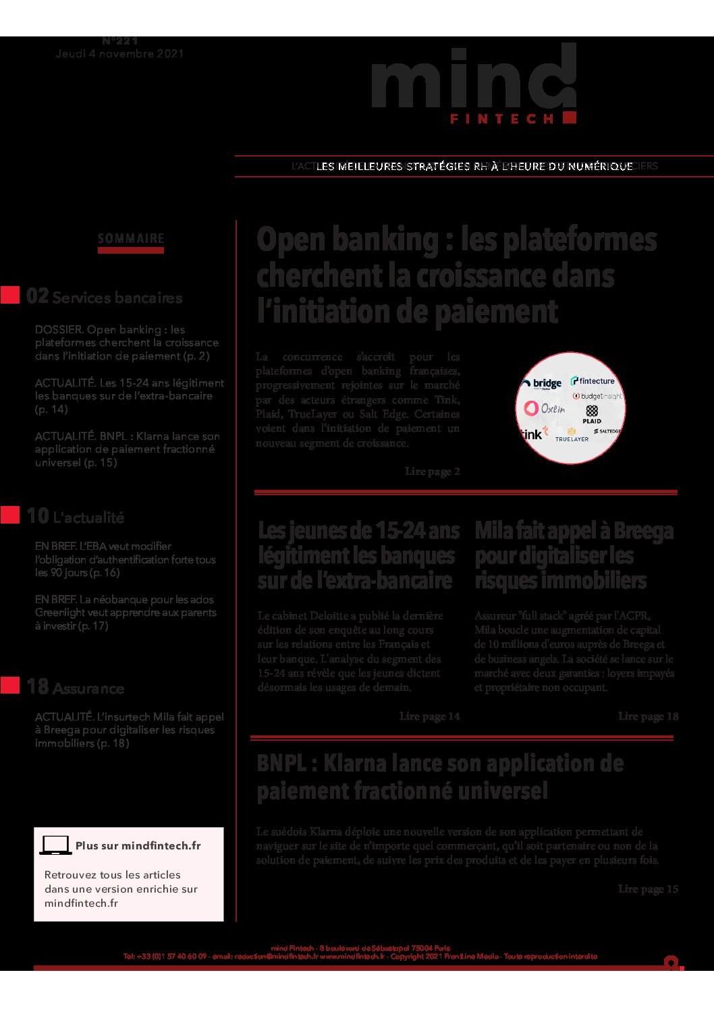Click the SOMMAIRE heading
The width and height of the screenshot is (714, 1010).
(131, 239)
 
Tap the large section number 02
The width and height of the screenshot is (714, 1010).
(37, 296)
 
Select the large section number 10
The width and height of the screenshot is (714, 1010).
(37, 516)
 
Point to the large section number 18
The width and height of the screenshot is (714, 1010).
(37, 687)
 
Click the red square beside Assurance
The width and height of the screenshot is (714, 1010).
(10, 685)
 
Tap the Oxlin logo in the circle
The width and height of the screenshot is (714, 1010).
(545, 408)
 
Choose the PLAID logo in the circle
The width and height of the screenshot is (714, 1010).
(592, 414)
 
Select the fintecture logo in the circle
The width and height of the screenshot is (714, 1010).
(593, 381)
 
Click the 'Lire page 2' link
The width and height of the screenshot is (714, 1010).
(432, 472)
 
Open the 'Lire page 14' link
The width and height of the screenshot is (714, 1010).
(429, 716)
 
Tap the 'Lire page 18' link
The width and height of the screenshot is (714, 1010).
(648, 716)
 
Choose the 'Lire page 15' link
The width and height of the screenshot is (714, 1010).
(648, 889)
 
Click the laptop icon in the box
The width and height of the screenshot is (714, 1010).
(55, 845)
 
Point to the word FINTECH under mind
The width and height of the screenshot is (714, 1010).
(502, 119)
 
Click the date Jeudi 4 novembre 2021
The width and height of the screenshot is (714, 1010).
(120, 54)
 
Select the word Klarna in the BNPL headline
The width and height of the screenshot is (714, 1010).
(354, 764)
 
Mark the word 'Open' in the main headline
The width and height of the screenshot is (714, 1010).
(290, 240)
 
